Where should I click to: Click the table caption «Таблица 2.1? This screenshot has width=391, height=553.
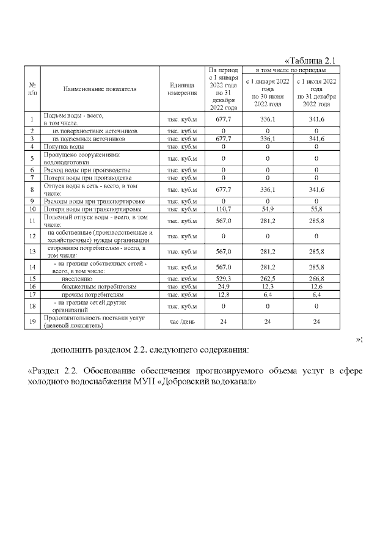pyautogui.click(x=311, y=60)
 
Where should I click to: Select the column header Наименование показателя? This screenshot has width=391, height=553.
pyautogui.click(x=99, y=89)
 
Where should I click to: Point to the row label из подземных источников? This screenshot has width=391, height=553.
pyautogui.click(x=89, y=139)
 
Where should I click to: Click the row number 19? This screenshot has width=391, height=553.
pyautogui.click(x=31, y=321)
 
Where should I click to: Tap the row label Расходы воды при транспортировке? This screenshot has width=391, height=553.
pyautogui.click(x=84, y=201)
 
